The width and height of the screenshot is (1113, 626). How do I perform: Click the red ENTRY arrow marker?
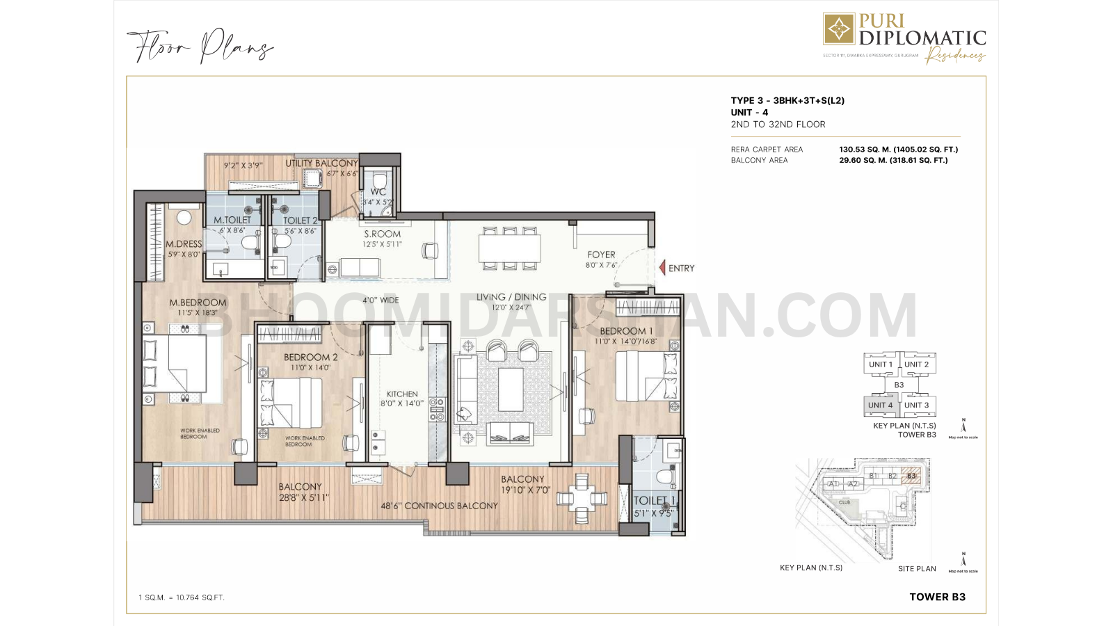point(662,268)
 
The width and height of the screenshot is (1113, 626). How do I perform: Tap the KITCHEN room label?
point(402,394)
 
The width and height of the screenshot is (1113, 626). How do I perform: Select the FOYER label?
point(601,255)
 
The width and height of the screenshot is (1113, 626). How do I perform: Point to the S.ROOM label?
point(383,234)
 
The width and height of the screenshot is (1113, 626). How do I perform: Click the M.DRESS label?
point(184,244)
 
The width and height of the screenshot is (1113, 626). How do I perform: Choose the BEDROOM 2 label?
point(310,358)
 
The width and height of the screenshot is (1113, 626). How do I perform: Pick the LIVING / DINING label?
point(511,297)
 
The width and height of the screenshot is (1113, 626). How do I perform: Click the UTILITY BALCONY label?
point(321,163)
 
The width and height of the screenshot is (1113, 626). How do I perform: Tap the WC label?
point(378,192)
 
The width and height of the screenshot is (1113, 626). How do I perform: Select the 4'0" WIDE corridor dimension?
point(381,300)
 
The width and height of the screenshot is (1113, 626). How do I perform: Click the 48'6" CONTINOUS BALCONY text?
point(439,506)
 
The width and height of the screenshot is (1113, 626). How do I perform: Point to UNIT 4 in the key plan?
point(880,405)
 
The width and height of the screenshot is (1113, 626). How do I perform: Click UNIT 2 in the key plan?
point(916,364)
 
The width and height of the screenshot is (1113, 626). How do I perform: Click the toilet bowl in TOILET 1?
point(665,477)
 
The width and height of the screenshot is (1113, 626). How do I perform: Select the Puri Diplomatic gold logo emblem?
point(839,29)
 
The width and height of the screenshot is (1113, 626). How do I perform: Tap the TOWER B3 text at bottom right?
point(937,597)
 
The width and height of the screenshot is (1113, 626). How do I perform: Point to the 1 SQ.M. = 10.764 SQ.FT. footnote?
point(182,597)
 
